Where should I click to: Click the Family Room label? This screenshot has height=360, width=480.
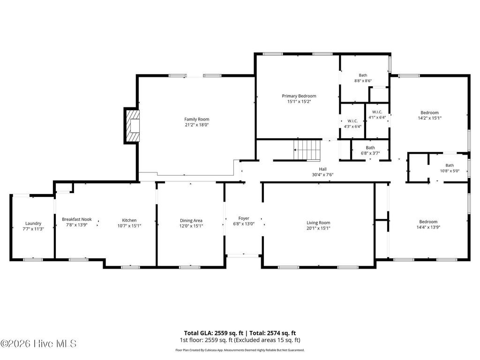[x=196, y=119]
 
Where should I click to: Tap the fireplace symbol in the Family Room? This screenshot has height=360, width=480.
[x=133, y=125]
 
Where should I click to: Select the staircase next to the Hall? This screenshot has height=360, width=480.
[x=307, y=150]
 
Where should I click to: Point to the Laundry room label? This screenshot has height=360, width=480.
[x=33, y=223]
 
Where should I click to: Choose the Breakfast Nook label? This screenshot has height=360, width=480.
[x=77, y=219]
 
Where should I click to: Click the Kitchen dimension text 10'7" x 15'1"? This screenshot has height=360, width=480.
[x=129, y=225]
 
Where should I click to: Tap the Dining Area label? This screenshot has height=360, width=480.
[x=191, y=220]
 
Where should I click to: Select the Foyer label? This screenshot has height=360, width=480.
[x=244, y=218]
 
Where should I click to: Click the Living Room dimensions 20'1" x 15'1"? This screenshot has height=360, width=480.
[x=318, y=228]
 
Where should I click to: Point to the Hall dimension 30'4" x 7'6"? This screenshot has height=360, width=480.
[x=322, y=175]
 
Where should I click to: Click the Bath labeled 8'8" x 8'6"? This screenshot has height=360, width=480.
[x=363, y=78]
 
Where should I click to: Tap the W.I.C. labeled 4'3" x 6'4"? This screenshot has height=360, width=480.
[x=353, y=123]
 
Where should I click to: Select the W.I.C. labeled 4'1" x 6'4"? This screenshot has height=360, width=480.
[x=377, y=114]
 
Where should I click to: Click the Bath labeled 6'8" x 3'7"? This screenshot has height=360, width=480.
[x=370, y=150]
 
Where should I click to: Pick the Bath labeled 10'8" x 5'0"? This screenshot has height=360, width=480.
[x=450, y=168]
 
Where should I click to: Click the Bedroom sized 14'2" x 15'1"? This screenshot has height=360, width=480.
[x=429, y=115]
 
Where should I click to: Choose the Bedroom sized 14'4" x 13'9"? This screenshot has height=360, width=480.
[x=428, y=224]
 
